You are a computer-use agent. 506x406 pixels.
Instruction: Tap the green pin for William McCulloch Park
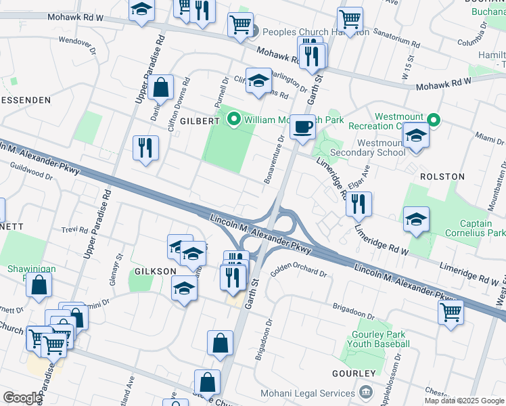click(234, 120)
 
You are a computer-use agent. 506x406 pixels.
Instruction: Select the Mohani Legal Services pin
click(365, 392)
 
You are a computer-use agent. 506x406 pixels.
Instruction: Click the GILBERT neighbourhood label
click(200, 120)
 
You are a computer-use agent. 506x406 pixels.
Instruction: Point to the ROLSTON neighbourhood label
click(442, 177)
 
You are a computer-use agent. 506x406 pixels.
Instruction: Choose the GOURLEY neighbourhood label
click(353, 374)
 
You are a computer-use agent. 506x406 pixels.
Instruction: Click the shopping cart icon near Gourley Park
click(451, 312)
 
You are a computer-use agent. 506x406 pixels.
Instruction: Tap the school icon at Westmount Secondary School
click(416, 136)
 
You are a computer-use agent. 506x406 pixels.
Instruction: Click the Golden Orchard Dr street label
click(298, 273)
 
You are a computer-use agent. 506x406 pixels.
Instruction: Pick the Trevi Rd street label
click(74, 229)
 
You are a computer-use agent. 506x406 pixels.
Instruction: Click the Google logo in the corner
click(22, 398)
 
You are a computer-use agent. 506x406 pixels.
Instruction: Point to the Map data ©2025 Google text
click(463, 400)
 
